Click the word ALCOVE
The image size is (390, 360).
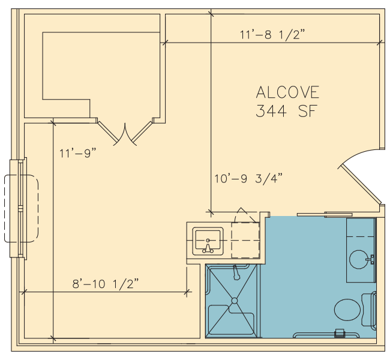[287, 92]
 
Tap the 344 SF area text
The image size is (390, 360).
[287, 111]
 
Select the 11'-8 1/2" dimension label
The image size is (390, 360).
[272, 35]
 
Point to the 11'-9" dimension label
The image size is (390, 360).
[77, 153]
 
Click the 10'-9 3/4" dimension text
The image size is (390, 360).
[248, 179]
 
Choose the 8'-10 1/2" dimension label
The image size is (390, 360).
[105, 284]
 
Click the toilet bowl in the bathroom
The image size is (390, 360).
[347, 310]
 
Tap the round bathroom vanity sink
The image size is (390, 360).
[359, 259]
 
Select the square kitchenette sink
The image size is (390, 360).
[208, 241]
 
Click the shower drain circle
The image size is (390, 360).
[234, 301]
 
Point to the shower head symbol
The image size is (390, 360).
[236, 272]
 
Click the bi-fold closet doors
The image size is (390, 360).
[125, 134]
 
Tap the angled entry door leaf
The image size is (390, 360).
[361, 185]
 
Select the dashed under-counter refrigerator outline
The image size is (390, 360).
[245, 241]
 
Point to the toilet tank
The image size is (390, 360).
[369, 310]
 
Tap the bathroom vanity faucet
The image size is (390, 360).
[371, 259]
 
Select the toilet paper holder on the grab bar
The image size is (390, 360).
[339, 333]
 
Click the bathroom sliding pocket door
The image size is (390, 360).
[325, 214]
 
